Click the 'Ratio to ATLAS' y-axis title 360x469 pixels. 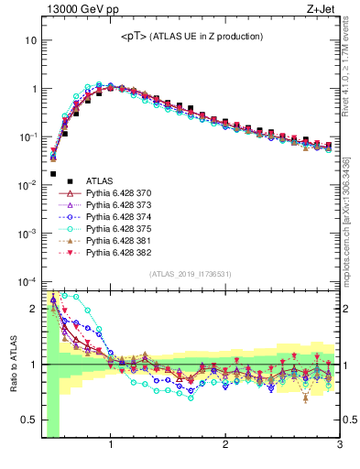(x=13, y=364)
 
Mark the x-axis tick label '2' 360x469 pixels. (x=225, y=446)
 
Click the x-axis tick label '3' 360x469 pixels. (x=339, y=446)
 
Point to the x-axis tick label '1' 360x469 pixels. (x=111, y=446)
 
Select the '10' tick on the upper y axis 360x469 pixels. (x=29, y=41)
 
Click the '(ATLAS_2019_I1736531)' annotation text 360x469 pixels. (x=190, y=274)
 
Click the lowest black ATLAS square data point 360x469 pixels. (x=53, y=173)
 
